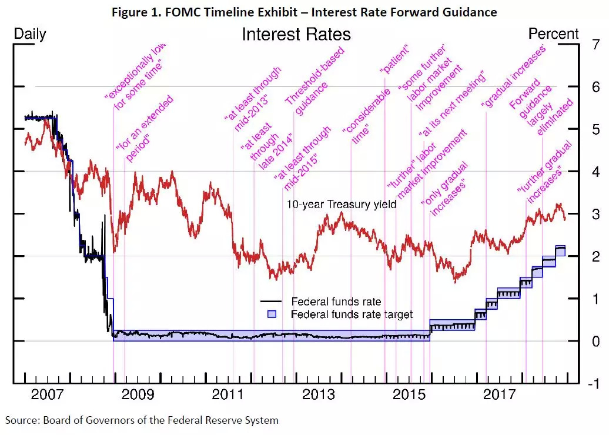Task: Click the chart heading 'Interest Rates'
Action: coord(296,34)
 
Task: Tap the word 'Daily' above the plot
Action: coord(29,34)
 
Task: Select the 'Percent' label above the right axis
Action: coord(553,34)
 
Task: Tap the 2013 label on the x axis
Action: coord(319,395)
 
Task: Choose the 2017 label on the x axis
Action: coord(500,395)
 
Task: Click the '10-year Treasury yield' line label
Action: coord(342,205)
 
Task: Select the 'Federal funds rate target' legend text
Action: coord(352,314)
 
